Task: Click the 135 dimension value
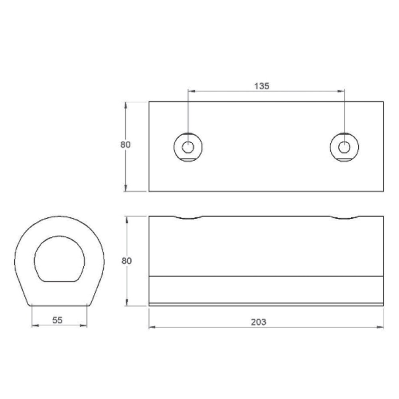coord(262,86)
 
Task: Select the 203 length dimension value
coord(259,322)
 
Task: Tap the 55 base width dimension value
coord(57,320)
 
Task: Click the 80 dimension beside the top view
coord(125,144)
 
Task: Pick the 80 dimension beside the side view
coord(126,261)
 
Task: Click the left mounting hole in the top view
coord(188,147)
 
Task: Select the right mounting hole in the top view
coord(344,147)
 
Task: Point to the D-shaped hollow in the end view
coord(59,259)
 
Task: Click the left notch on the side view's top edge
coord(188,217)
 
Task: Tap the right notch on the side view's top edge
coord(345,217)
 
